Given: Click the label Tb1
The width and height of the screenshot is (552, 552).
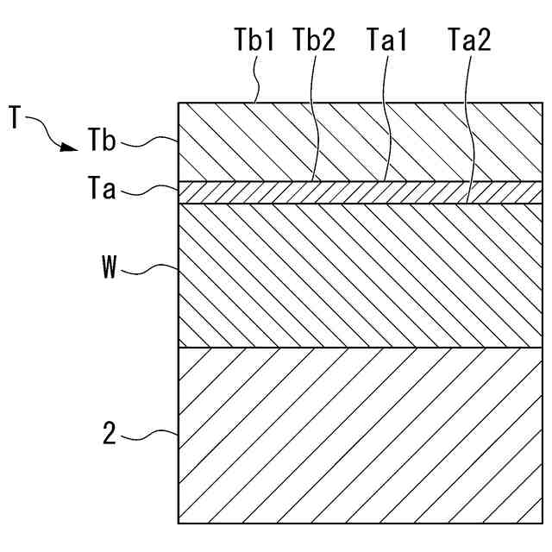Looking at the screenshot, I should (254, 41).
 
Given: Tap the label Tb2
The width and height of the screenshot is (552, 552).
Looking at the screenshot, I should (314, 41).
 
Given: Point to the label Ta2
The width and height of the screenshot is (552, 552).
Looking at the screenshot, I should (469, 41).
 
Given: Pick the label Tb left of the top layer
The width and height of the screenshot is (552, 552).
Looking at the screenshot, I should (101, 140).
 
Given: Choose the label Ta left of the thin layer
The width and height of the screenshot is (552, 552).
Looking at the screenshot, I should (101, 189).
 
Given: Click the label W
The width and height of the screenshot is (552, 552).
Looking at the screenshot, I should (110, 267).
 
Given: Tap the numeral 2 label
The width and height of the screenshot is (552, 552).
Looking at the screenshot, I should (109, 434).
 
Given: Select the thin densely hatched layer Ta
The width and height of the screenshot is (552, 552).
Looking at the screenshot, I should (362, 191).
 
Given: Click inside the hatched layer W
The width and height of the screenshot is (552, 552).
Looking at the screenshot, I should (362, 276).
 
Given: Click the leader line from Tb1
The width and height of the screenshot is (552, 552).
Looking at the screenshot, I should (255, 82).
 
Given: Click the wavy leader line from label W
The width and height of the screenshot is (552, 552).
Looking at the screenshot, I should (151, 269).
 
